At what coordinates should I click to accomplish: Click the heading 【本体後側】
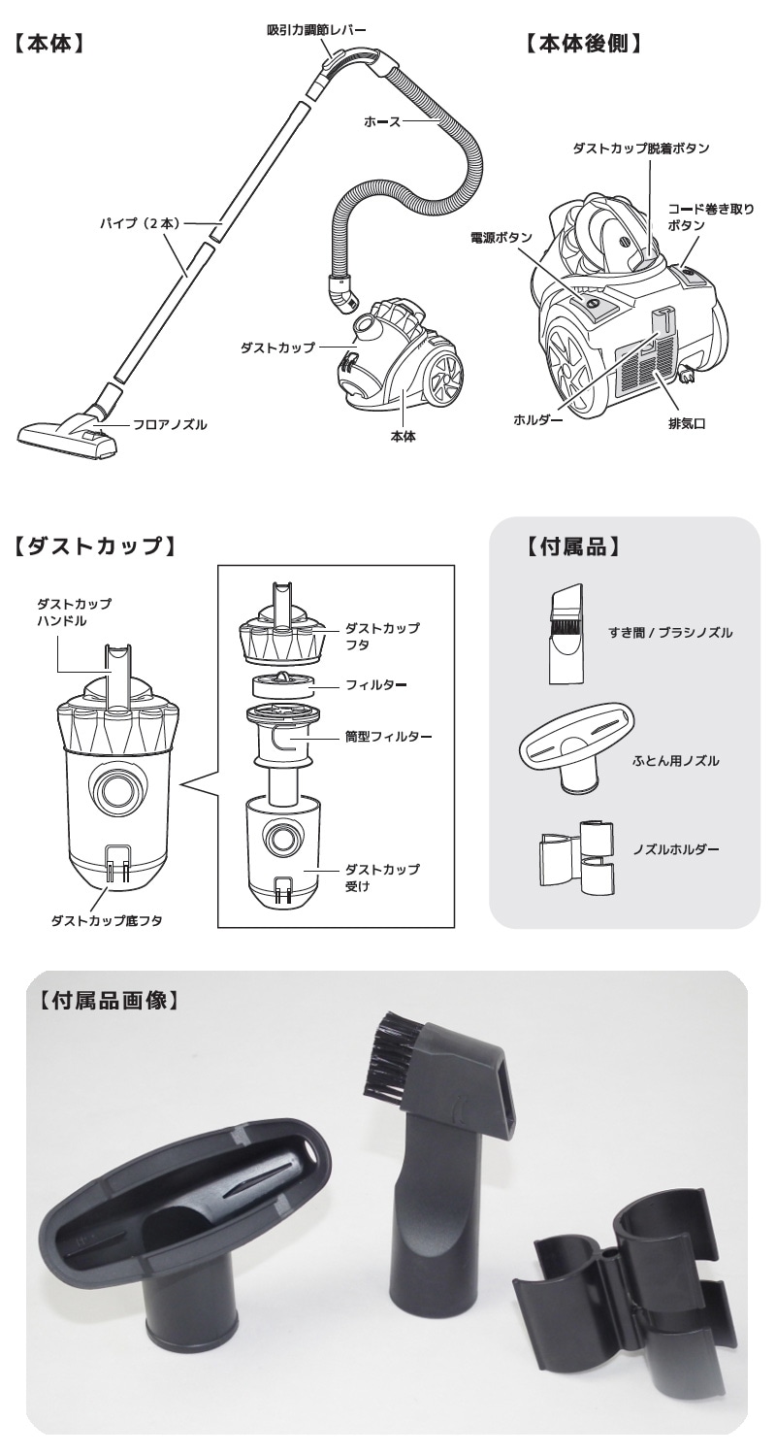(x=585, y=46)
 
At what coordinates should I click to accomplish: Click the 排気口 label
(x=685, y=424)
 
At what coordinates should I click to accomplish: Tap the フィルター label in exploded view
(x=375, y=685)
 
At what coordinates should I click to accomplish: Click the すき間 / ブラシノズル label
(x=669, y=632)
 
